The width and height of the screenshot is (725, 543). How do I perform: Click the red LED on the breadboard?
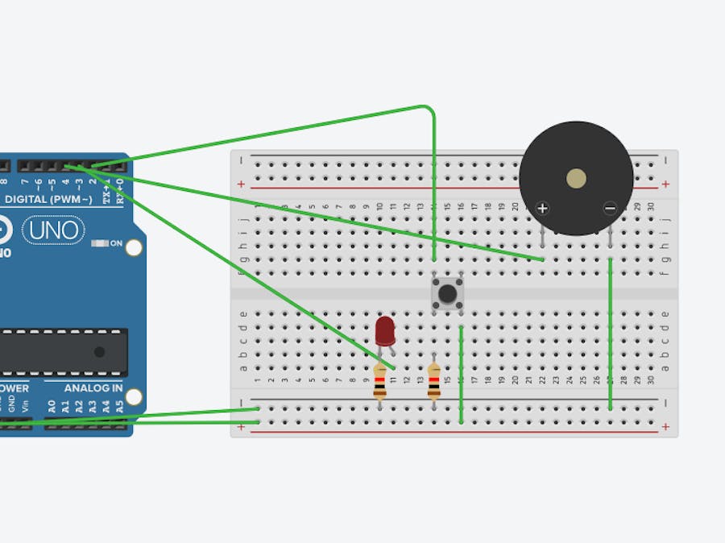[x=385, y=330]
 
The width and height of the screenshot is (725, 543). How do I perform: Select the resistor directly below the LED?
[x=379, y=381]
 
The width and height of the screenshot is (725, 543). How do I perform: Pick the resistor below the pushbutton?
[x=434, y=381]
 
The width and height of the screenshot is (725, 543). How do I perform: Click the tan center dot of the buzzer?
[x=576, y=178]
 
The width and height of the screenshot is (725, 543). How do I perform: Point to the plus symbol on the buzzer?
[x=543, y=208]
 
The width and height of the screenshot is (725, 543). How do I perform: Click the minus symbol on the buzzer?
[x=610, y=208]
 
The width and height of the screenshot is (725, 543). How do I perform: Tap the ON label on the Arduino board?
[x=116, y=242]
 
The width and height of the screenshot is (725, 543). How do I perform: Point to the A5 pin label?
[x=120, y=408]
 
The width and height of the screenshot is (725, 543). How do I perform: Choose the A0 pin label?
[x=52, y=408]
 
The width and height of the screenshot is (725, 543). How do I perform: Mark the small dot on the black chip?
[x=99, y=352]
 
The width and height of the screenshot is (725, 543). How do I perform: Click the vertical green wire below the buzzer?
[x=611, y=334]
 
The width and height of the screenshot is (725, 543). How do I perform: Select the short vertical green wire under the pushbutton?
[x=461, y=374]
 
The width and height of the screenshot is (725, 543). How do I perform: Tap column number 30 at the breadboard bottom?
[x=651, y=380]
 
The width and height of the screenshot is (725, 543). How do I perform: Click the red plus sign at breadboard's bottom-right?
[x=665, y=425]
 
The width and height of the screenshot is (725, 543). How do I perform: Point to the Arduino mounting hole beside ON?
[x=134, y=247]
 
